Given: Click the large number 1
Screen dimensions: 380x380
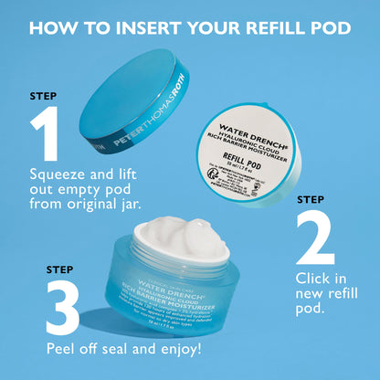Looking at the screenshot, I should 47,133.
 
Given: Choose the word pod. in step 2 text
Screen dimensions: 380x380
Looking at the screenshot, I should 312,310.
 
